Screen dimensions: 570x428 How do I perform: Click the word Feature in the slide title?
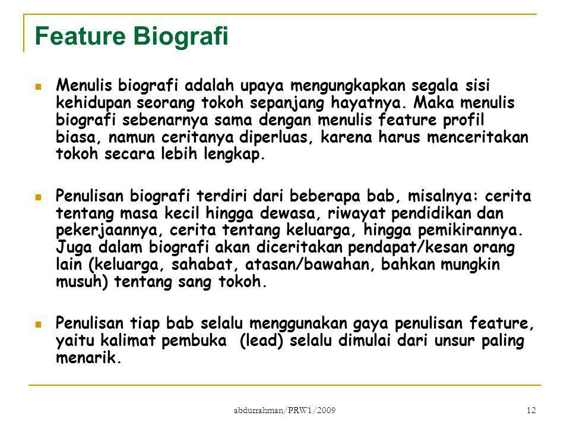point(80,36)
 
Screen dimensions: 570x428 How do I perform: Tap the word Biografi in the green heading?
point(180,37)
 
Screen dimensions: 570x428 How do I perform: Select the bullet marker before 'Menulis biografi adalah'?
point(38,87)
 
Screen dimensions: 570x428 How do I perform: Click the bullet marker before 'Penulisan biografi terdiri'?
point(38,197)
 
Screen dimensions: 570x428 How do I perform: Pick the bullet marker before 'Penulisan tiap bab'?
point(38,324)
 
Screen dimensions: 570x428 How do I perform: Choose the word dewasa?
point(291,213)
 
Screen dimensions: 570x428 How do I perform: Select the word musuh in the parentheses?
point(82,282)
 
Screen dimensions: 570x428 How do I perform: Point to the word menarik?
point(88,358)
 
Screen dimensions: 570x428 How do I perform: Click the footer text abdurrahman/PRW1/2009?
point(284,411)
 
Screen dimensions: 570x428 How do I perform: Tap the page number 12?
point(531,411)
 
